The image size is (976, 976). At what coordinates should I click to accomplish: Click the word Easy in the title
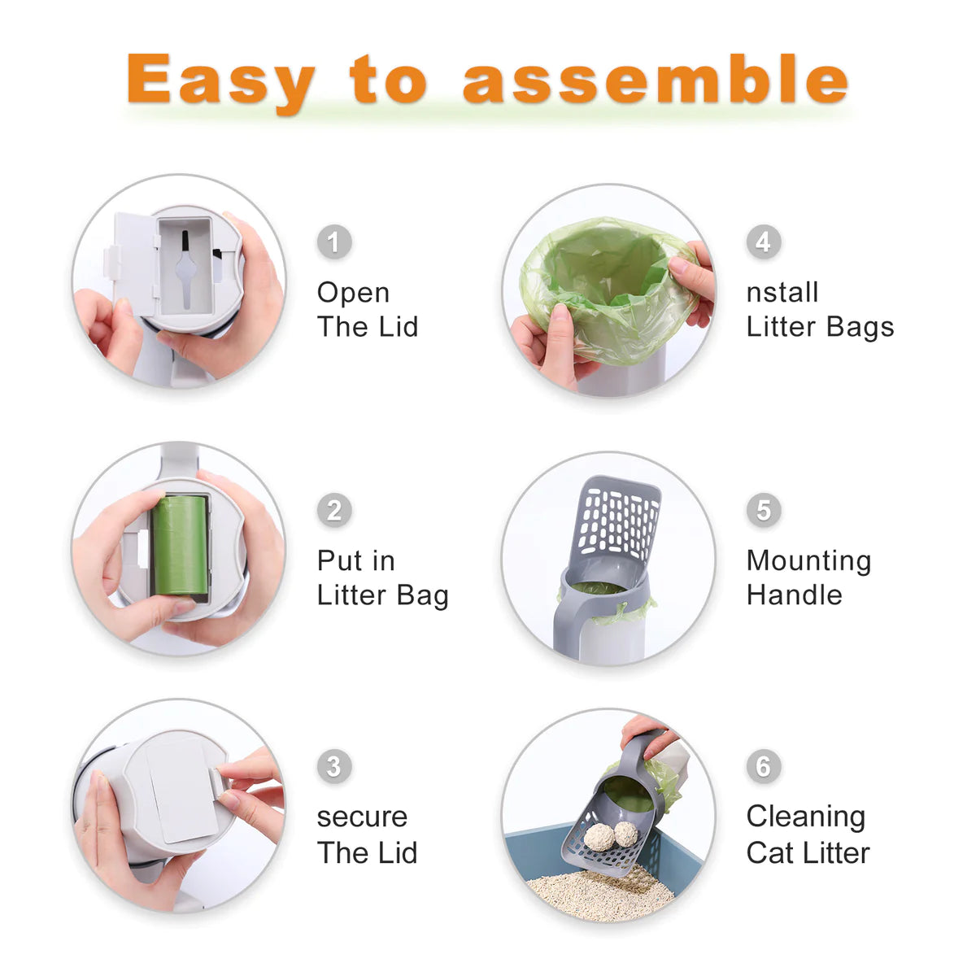click(x=220, y=81)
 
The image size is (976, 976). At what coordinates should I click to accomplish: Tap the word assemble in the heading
click(x=655, y=80)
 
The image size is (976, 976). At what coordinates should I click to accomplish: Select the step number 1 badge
click(x=333, y=242)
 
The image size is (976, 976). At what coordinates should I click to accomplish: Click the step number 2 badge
click(x=333, y=511)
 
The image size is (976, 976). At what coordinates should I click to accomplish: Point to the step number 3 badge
click(x=333, y=766)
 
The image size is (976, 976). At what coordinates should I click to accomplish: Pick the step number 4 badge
click(x=763, y=242)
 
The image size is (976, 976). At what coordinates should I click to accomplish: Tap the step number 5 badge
click(x=763, y=511)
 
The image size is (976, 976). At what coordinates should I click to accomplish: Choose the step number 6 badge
click(x=763, y=766)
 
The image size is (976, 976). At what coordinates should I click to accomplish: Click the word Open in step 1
click(x=353, y=293)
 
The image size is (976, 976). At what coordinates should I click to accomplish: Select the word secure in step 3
click(x=362, y=817)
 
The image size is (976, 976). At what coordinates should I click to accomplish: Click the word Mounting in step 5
click(x=808, y=560)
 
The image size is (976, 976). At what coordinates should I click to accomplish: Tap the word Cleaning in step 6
click(x=805, y=817)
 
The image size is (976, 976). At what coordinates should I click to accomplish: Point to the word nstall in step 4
click(x=782, y=293)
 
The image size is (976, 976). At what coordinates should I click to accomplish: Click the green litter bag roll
click(x=181, y=547)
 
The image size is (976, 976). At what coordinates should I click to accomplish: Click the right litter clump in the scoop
click(x=625, y=833)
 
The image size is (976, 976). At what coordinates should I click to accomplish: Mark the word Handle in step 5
click(x=794, y=595)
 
